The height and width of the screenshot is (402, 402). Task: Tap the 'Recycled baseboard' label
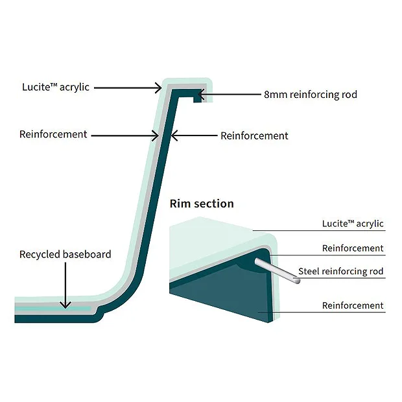coord(65,254)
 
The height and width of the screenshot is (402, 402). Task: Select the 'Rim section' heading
coord(202,204)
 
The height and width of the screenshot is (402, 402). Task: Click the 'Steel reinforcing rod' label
coord(341,271)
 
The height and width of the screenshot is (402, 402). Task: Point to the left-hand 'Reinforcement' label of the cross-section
coord(53,134)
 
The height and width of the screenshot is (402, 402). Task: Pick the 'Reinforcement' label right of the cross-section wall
coord(254,136)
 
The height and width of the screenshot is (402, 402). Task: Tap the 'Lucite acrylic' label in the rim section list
coord(353,224)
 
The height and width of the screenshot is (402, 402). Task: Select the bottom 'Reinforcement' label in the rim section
coord(353,305)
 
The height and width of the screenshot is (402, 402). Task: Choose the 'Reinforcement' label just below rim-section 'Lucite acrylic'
coord(353,248)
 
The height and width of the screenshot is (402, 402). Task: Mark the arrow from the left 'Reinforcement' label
coord(123,136)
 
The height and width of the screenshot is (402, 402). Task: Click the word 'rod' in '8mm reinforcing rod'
coord(349,95)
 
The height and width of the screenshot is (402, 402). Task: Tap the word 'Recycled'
coord(40,254)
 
